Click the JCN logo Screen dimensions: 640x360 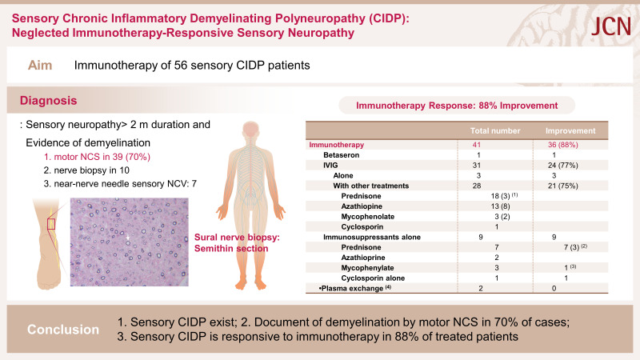click(x=611, y=26)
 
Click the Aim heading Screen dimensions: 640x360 click(x=40, y=66)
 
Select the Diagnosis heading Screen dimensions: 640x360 click(x=48, y=101)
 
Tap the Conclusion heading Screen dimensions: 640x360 click(x=63, y=330)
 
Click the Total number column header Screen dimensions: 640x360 click(x=495, y=131)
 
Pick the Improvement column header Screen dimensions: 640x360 click(x=570, y=131)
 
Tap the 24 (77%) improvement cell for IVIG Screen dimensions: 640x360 click(x=563, y=166)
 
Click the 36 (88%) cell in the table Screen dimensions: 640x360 click(x=563, y=145)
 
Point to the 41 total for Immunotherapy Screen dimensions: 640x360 click(x=476, y=145)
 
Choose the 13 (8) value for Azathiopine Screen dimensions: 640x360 click(x=500, y=206)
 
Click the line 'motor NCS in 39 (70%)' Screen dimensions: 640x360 click(x=97, y=157)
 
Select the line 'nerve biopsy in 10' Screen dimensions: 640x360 click(x=86, y=170)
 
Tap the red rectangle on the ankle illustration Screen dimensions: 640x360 click(x=51, y=224)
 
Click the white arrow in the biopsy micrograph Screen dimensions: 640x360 click(x=127, y=237)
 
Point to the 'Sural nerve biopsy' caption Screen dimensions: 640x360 click(x=237, y=237)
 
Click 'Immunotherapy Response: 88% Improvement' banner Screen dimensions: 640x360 click(x=457, y=106)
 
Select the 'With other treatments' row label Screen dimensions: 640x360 click(x=370, y=186)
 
